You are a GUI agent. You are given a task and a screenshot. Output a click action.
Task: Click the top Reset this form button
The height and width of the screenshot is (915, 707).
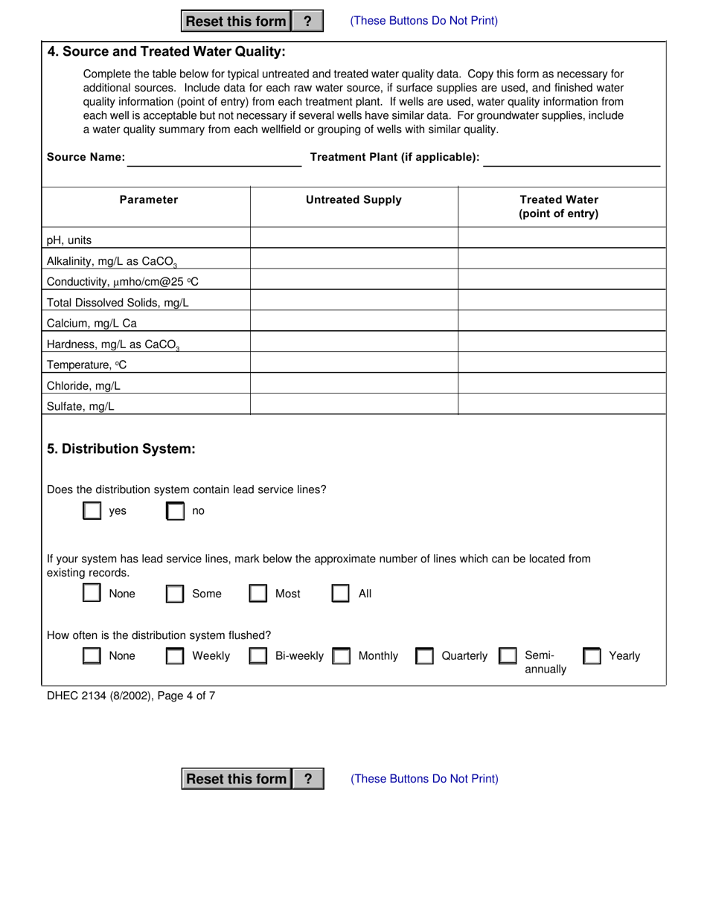[235, 22]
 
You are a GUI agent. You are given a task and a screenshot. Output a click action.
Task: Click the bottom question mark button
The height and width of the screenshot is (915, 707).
[308, 779]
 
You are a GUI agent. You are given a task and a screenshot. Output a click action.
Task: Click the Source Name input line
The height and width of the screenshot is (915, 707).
[214, 158]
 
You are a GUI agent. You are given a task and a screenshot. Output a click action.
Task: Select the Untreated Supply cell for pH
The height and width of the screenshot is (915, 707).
[354, 238]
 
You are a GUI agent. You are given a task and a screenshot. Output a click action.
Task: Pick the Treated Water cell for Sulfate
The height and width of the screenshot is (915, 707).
[561, 405]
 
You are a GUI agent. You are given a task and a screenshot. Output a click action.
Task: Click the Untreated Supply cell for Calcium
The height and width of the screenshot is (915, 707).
[354, 321]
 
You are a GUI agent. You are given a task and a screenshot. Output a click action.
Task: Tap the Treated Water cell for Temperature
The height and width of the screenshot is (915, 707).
[561, 363]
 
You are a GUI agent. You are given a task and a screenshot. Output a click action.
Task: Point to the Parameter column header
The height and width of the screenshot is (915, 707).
[149, 200]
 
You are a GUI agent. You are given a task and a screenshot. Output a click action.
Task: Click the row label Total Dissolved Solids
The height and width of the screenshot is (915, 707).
[118, 303]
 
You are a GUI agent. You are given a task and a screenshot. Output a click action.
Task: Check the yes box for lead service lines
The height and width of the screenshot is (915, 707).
[92, 511]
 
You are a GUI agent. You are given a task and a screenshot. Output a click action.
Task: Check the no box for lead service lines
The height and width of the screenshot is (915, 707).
[176, 511]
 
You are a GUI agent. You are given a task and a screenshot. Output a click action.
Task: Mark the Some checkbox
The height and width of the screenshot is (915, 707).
[176, 594]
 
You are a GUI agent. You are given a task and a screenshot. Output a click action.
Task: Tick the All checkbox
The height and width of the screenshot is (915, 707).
[341, 594]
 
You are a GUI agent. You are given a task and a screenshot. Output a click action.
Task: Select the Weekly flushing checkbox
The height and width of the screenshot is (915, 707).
[176, 656]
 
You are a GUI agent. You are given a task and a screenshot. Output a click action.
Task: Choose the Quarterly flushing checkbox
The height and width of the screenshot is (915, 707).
[425, 656]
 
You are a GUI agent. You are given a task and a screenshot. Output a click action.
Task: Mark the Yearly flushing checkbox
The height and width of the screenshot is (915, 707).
[592, 656]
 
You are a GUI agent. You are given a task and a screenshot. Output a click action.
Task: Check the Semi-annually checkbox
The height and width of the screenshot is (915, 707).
[508, 656]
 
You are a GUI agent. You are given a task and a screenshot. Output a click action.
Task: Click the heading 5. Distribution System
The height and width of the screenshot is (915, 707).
[121, 449]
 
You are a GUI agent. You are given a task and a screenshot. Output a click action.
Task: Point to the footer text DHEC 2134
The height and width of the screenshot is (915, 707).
[131, 696]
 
